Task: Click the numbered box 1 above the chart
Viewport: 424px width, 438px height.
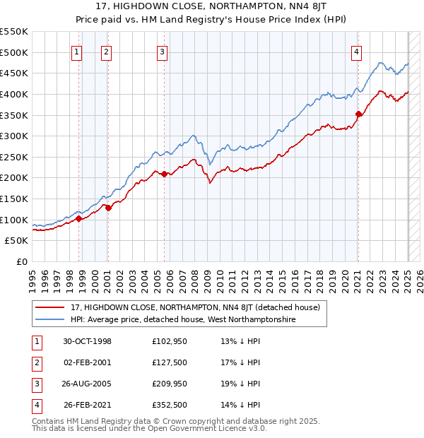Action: pos(76,51)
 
